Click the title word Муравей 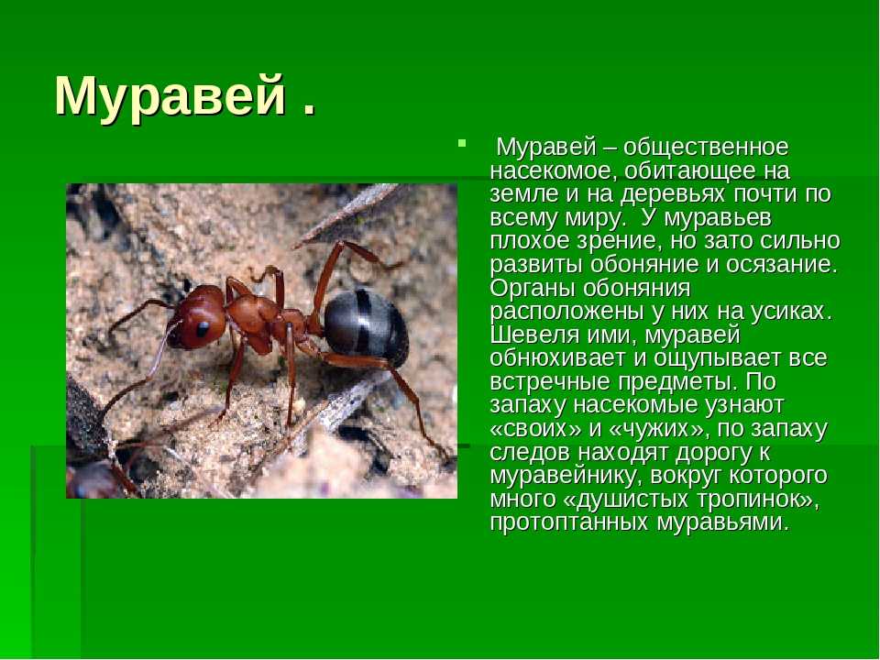click(170, 96)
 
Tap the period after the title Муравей click(309, 109)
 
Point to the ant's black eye click(202, 327)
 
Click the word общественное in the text click(706, 148)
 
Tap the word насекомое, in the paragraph click(555, 171)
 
